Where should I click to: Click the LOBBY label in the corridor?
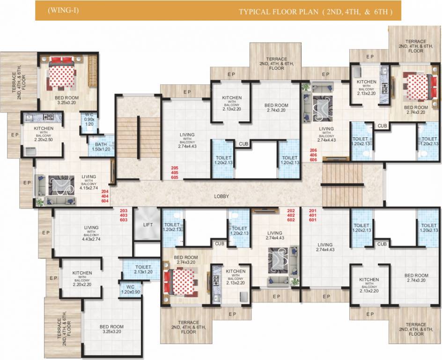221,196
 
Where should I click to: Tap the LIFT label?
148,225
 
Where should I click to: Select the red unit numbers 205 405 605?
175,172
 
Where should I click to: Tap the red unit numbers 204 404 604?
104,196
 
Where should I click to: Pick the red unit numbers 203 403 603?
124,215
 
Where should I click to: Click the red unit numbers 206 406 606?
313,155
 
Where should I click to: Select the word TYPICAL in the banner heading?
256,11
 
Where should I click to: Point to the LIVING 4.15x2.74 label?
88,181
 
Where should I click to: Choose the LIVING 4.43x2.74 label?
91,232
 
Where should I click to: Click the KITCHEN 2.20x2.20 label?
82,277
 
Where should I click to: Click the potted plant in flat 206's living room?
306,87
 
